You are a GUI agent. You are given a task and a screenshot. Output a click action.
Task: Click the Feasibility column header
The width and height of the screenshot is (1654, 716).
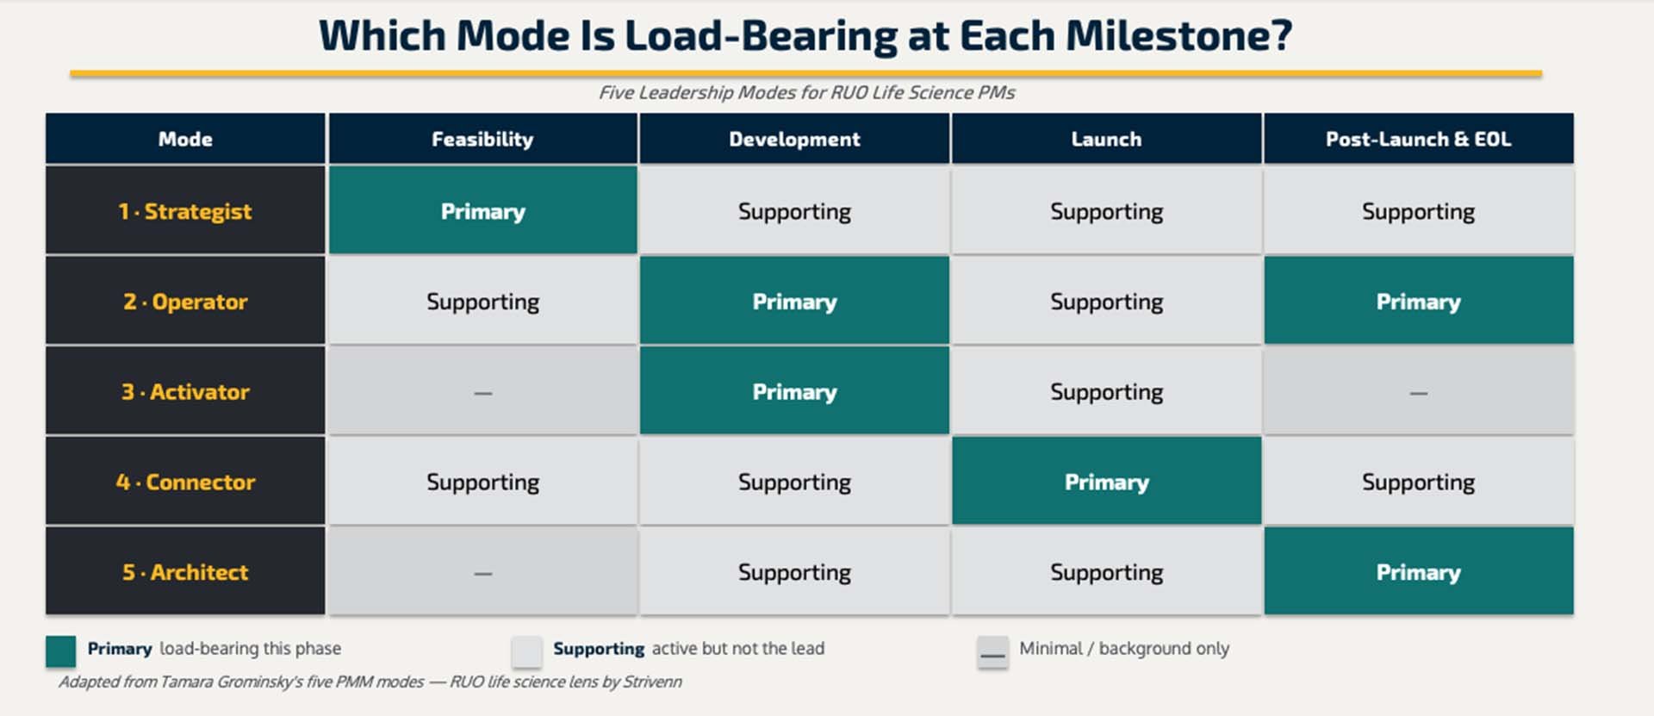point(482,139)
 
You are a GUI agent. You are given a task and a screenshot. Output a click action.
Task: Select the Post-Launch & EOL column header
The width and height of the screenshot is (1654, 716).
point(1418,139)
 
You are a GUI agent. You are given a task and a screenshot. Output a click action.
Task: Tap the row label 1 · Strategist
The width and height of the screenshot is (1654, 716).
point(185,211)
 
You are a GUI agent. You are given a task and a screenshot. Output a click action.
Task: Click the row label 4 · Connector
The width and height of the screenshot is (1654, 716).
point(185,482)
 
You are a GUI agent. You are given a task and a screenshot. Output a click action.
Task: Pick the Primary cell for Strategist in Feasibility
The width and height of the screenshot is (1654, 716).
point(482,211)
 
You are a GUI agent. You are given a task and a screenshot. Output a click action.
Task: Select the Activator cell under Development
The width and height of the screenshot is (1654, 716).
point(794,392)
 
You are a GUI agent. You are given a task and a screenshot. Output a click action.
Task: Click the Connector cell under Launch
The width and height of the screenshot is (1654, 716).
point(1106,482)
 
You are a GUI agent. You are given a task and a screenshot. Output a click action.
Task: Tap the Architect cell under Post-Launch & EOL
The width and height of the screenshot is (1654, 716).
point(1418,572)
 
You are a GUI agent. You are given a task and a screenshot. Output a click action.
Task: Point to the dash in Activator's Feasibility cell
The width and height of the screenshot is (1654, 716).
point(482,393)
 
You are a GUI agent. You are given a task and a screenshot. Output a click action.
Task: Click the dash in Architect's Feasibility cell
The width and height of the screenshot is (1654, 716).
point(482,573)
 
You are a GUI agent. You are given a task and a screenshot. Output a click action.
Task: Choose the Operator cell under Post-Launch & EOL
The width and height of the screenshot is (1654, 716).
point(1418,302)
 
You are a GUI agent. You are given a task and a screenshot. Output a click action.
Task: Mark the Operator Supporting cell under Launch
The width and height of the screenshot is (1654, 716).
point(1106,302)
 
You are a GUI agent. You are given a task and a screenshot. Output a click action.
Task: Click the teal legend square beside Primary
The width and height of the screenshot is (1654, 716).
point(60,651)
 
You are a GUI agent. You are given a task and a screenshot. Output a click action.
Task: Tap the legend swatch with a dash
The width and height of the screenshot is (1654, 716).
point(992,652)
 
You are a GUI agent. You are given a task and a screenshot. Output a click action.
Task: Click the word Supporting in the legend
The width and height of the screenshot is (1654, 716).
point(599,649)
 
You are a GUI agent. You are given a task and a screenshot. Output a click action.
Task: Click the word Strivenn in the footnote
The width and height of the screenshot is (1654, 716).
point(652,682)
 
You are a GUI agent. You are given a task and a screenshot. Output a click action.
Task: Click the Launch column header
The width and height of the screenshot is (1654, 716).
point(1106,139)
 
